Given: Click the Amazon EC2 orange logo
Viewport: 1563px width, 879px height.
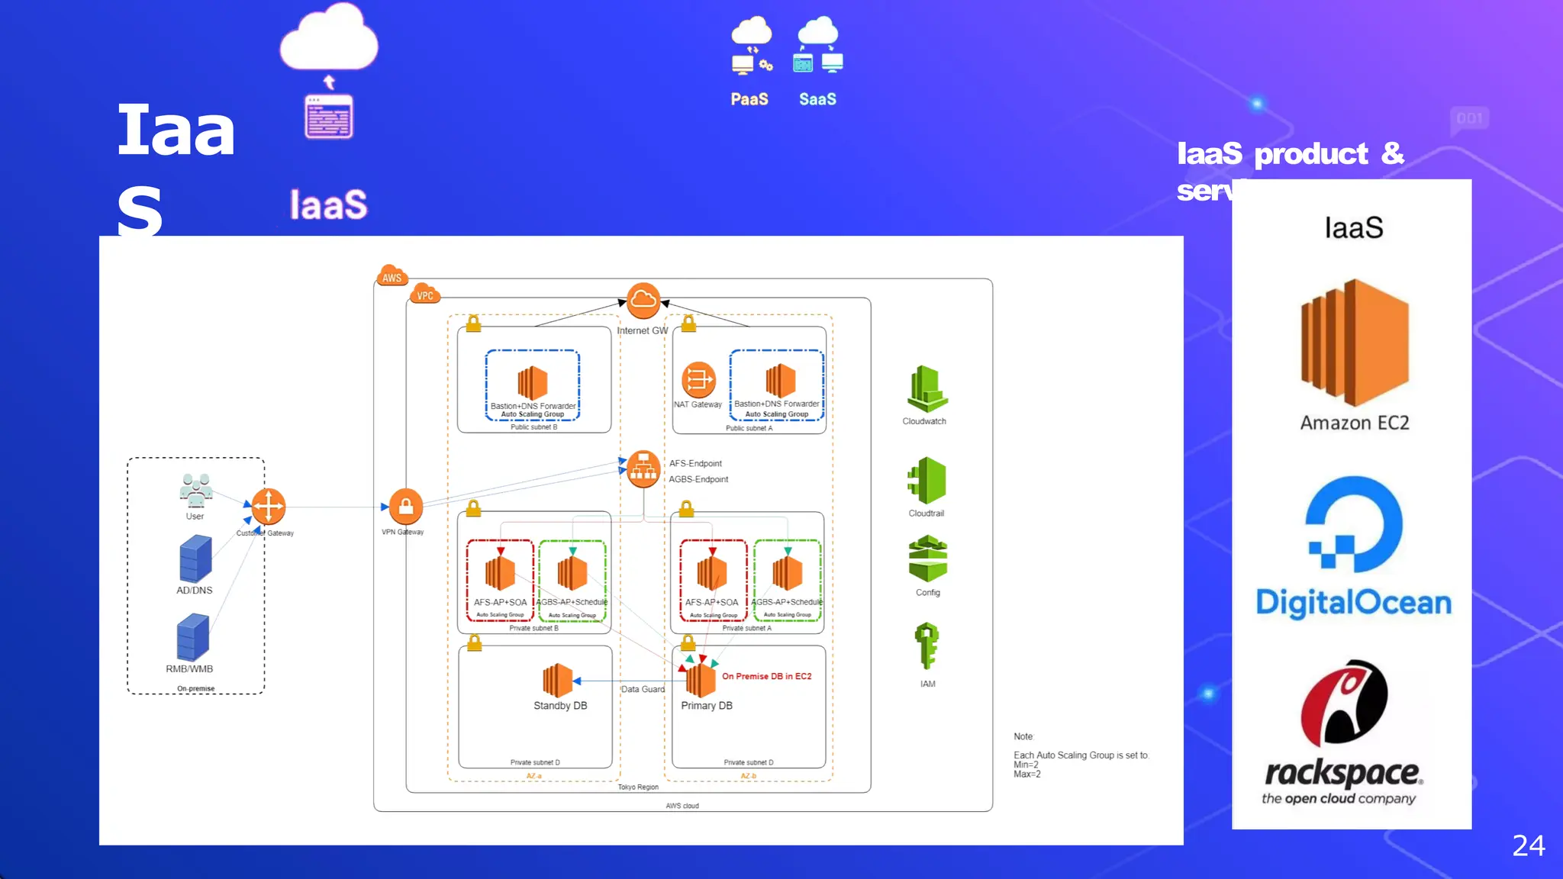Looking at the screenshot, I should pos(1355,343).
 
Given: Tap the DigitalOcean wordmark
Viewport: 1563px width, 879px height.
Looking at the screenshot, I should pos(1353,603).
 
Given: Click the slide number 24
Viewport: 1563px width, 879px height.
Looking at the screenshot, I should pos(1528,845).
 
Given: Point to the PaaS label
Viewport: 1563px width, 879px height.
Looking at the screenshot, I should pos(749,99).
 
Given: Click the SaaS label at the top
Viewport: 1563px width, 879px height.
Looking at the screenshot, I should pos(817,99).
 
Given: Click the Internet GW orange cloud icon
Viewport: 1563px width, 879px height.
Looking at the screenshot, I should pos(643,301).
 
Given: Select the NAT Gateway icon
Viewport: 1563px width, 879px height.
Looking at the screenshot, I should pos(698,379).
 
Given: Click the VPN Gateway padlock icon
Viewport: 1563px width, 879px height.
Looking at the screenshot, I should pos(406,507).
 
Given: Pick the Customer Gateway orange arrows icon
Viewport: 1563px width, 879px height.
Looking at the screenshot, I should pos(269,507).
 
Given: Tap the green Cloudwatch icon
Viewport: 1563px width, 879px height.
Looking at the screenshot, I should pos(927,389).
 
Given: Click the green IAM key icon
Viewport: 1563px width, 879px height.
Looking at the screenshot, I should pos(927,646).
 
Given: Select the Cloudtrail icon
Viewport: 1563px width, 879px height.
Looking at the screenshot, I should pos(927,481).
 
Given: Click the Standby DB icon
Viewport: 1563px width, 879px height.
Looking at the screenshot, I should pos(557,680).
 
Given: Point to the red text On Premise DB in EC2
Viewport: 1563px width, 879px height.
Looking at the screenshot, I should pos(766,677).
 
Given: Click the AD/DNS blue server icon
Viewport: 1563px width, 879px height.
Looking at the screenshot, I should pos(195,559).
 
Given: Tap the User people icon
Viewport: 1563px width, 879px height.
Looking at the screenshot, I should pos(196,491).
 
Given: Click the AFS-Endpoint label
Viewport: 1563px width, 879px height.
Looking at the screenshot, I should pos(695,464).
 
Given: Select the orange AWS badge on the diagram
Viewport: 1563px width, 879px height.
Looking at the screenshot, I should pos(392,277).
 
